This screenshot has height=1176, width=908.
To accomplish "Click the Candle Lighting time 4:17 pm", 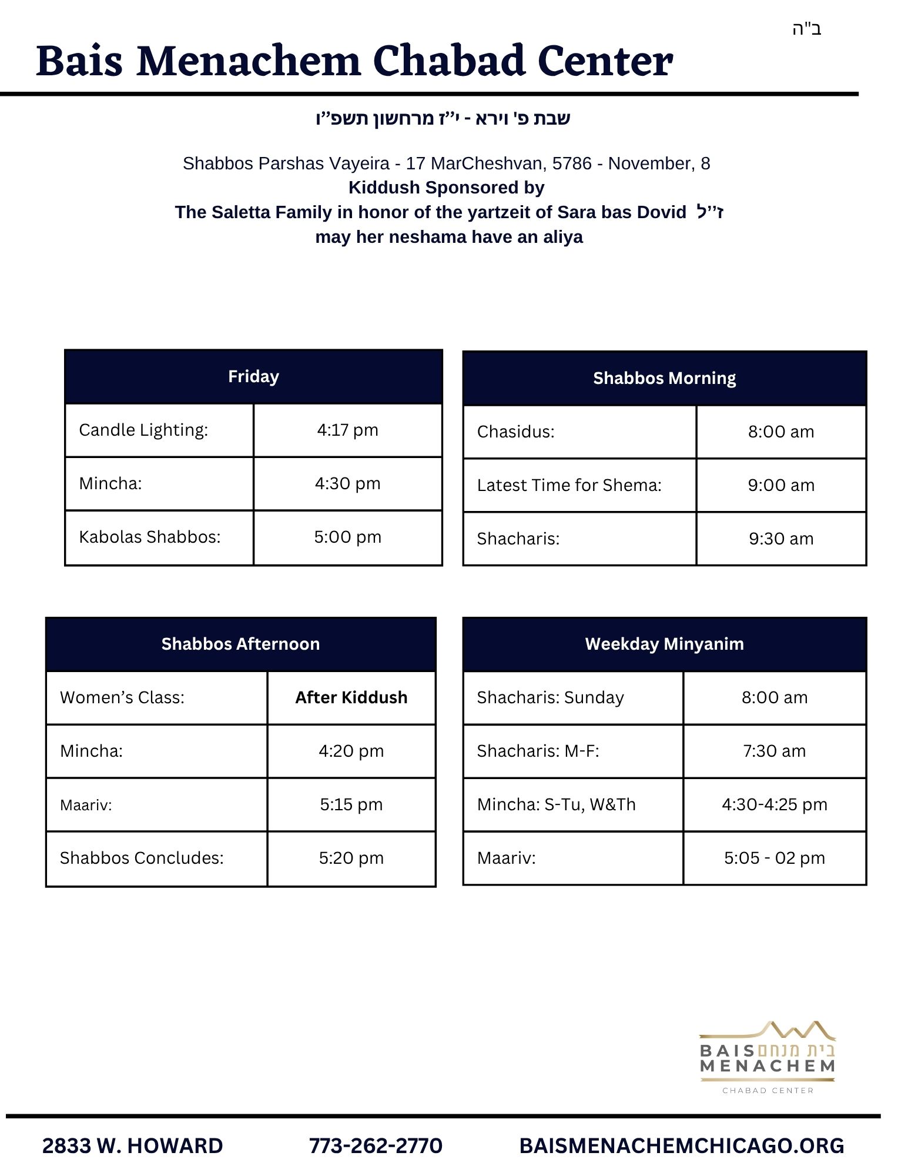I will pos(347,430).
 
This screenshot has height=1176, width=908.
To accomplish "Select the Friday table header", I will pos(253,376).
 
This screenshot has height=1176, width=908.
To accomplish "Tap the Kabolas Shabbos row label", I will pos(150,537).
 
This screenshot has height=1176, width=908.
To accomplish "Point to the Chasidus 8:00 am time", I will pos(780,432).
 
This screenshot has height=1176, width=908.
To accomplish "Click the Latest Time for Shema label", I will pos(569,485).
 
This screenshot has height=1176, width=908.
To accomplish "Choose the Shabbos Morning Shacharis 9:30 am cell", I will pos(780,539).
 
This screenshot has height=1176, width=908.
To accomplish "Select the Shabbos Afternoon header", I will pos(240,644).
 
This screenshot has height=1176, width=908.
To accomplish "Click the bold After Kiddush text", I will pos(351,697).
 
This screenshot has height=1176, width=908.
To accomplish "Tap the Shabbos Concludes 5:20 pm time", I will pos(351,858).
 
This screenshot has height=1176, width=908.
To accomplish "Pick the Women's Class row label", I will pos(122,697).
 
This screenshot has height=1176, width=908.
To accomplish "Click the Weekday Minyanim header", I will pos(664,644).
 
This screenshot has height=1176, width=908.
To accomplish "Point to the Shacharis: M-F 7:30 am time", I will pos(774,751).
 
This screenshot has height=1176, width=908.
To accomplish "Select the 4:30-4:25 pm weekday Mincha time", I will pos(774,804).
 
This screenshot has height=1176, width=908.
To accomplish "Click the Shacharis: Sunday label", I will pos(550,697).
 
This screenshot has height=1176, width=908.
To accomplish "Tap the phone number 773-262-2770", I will pos(376,1145).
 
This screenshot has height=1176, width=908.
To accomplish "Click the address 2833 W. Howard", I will pos(132,1145).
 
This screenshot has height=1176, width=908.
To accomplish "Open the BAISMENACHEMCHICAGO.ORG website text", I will pos(682,1145).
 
